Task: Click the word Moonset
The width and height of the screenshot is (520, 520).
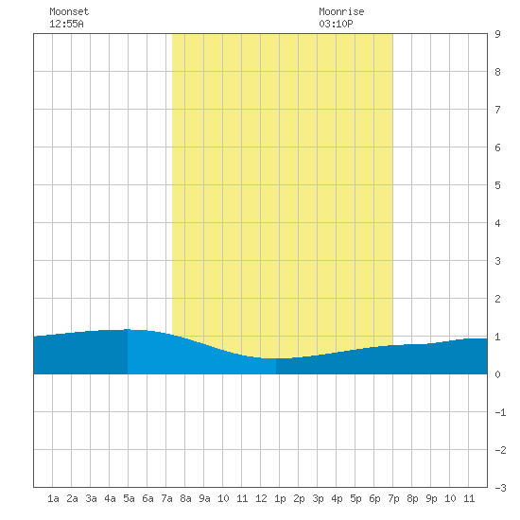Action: (x=69, y=11)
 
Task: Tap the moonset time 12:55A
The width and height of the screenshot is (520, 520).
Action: (x=66, y=24)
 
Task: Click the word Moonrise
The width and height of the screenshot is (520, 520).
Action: (x=341, y=11)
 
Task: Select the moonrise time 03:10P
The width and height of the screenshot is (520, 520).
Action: (x=336, y=24)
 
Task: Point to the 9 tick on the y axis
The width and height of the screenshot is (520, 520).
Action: (x=497, y=34)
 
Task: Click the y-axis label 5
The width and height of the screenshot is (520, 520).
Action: (x=497, y=185)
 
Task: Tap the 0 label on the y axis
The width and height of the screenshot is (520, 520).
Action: (x=497, y=374)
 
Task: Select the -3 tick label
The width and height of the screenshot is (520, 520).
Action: (x=500, y=488)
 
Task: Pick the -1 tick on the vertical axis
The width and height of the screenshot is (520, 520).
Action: (x=500, y=412)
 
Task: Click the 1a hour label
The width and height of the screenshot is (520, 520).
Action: (x=53, y=498)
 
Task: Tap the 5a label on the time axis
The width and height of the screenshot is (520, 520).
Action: (x=129, y=498)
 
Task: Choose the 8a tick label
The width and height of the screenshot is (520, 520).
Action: (x=185, y=498)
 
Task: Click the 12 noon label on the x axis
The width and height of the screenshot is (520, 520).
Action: (x=261, y=498)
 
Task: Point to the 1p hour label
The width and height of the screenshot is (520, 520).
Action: (x=280, y=498)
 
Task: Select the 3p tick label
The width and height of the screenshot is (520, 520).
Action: (x=318, y=498)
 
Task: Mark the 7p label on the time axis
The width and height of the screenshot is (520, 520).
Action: (x=393, y=498)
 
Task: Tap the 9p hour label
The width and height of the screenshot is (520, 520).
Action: (x=431, y=498)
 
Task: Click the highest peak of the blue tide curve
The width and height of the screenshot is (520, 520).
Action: (x=128, y=329)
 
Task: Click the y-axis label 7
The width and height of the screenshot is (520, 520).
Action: (x=497, y=110)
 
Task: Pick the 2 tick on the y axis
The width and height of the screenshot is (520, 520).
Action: (x=497, y=299)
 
